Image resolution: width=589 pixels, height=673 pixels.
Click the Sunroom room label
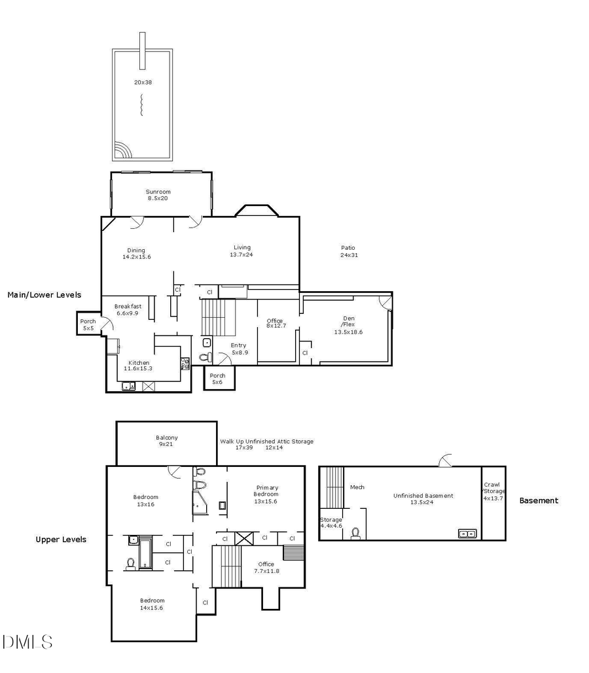[158, 195]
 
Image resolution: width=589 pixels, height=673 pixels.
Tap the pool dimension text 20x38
[142, 82]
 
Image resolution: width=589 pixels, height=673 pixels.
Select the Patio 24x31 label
[348, 251]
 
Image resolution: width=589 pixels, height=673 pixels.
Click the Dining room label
[136, 254]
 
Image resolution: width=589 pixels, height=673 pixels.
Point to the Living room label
[241, 251]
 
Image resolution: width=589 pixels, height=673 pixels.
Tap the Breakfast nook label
[128, 309]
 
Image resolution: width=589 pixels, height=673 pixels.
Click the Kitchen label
[138, 366]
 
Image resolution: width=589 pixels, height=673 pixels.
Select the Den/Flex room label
[348, 325]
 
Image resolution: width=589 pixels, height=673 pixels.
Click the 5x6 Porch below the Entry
[217, 379]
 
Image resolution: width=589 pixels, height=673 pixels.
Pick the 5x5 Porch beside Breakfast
[88, 324]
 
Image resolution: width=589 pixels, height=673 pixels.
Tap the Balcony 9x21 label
[166, 441]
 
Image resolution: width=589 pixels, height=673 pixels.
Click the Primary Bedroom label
[267, 491]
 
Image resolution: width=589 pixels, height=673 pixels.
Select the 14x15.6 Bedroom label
[152, 604]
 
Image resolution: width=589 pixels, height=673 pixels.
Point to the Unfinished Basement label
[422, 499]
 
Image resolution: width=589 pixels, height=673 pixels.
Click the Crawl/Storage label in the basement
[493, 491]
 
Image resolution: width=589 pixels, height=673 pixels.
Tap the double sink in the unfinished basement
[467, 534]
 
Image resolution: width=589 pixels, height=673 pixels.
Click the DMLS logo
[27, 642]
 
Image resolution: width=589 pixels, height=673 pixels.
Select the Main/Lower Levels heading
[44, 295]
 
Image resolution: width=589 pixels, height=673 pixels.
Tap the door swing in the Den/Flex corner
[385, 302]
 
